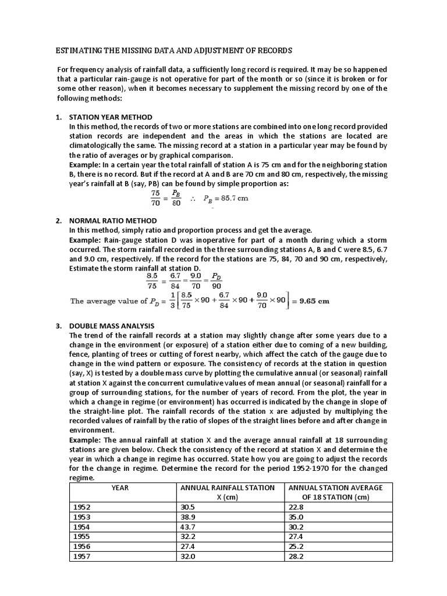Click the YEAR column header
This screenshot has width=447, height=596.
pos(123,487)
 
